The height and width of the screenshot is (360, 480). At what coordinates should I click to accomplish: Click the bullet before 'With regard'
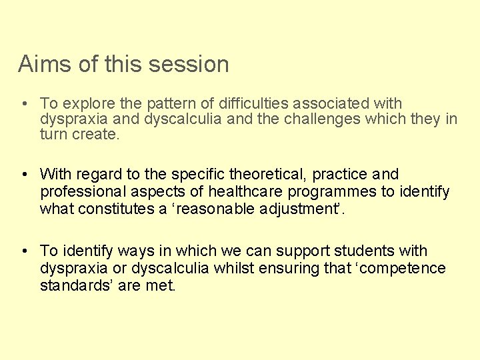(x=23, y=175)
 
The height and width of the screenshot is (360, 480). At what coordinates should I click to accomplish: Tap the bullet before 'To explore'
(x=23, y=104)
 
